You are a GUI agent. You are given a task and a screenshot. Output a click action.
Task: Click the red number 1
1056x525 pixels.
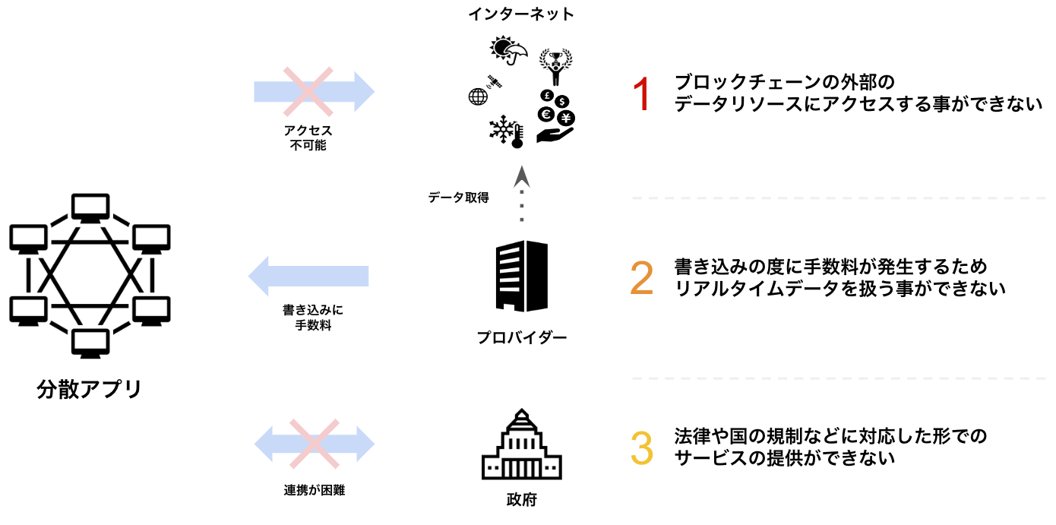[642, 96]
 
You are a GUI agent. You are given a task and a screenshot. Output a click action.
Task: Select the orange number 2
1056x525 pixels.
[642, 279]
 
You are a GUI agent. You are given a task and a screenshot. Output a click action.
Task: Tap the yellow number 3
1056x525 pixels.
[642, 448]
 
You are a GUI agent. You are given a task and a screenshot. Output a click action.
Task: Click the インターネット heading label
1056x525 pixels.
[521, 14]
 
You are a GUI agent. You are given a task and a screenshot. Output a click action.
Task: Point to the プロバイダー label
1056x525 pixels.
[522, 337]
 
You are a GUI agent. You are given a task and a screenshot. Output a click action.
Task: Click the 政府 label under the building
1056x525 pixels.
[521, 501]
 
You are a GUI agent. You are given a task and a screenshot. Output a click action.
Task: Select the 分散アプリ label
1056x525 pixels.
[90, 389]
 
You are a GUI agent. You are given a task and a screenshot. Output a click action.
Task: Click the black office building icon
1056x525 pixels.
[521, 276]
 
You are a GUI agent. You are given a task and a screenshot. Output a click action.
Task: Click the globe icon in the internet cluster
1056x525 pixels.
[478, 96]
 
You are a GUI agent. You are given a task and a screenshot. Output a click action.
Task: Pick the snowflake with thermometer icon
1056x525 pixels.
[507, 132]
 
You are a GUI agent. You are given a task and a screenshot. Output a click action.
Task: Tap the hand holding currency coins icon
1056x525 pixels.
[557, 118]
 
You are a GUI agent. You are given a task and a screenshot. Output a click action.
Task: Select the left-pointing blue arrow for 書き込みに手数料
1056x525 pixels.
[308, 276]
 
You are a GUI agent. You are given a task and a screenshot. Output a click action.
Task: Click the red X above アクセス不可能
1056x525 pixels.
[308, 92]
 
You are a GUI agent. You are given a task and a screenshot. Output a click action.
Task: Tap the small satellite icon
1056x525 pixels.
[495, 81]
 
